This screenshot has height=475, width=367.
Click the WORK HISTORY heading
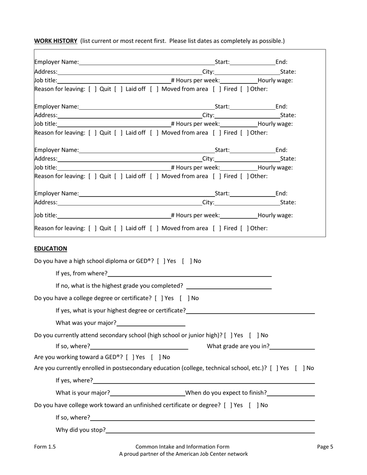pos(56,41)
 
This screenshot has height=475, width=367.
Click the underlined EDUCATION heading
pos(51,248)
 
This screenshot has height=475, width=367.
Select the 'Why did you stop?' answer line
pos(210,430)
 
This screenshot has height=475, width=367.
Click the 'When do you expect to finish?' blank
pos(291,393)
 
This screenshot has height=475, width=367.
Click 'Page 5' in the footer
pos(325,447)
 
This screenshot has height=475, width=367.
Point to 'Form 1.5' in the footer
pos(45,447)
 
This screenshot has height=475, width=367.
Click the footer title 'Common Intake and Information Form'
pos(182,447)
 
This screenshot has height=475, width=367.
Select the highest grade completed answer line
pos(229,286)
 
